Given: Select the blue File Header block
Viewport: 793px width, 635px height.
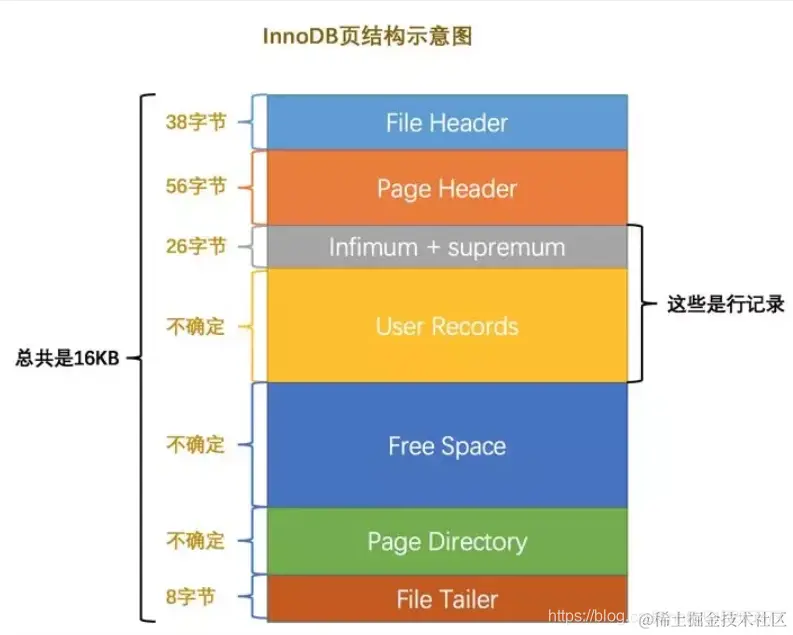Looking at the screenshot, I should [447, 123].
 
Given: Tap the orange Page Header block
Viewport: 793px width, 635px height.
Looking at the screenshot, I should [447, 188].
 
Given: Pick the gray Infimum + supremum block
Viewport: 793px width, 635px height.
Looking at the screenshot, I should [447, 247].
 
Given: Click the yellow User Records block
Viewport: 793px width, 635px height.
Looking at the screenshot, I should [447, 326].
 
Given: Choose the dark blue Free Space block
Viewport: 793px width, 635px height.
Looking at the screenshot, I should [447, 446].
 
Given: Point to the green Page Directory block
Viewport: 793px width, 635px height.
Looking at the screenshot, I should [447, 541].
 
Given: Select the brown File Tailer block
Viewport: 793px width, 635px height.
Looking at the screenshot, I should [447, 599].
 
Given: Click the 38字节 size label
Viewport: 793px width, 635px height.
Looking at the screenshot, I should [196, 122].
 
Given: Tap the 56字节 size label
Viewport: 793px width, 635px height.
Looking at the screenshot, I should [196, 186].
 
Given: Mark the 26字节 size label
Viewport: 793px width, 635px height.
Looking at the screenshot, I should [196, 246].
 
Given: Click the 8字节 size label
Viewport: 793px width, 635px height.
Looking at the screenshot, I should [196, 599].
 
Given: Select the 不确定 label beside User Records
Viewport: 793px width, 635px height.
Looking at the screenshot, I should [196, 326].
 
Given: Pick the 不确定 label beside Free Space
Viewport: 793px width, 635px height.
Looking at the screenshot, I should [196, 445].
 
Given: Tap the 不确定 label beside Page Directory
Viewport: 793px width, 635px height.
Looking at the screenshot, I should [196, 541].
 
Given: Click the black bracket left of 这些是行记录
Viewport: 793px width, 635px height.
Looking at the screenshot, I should [636, 304].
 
